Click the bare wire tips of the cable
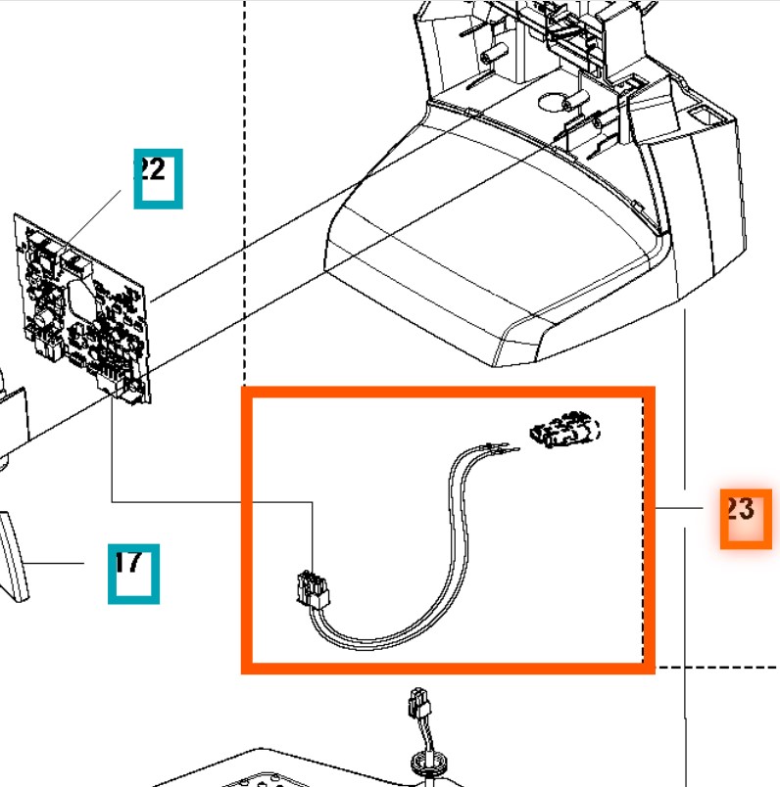point(500,449)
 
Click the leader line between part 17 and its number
point(69,565)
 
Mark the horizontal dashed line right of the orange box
point(715,667)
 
